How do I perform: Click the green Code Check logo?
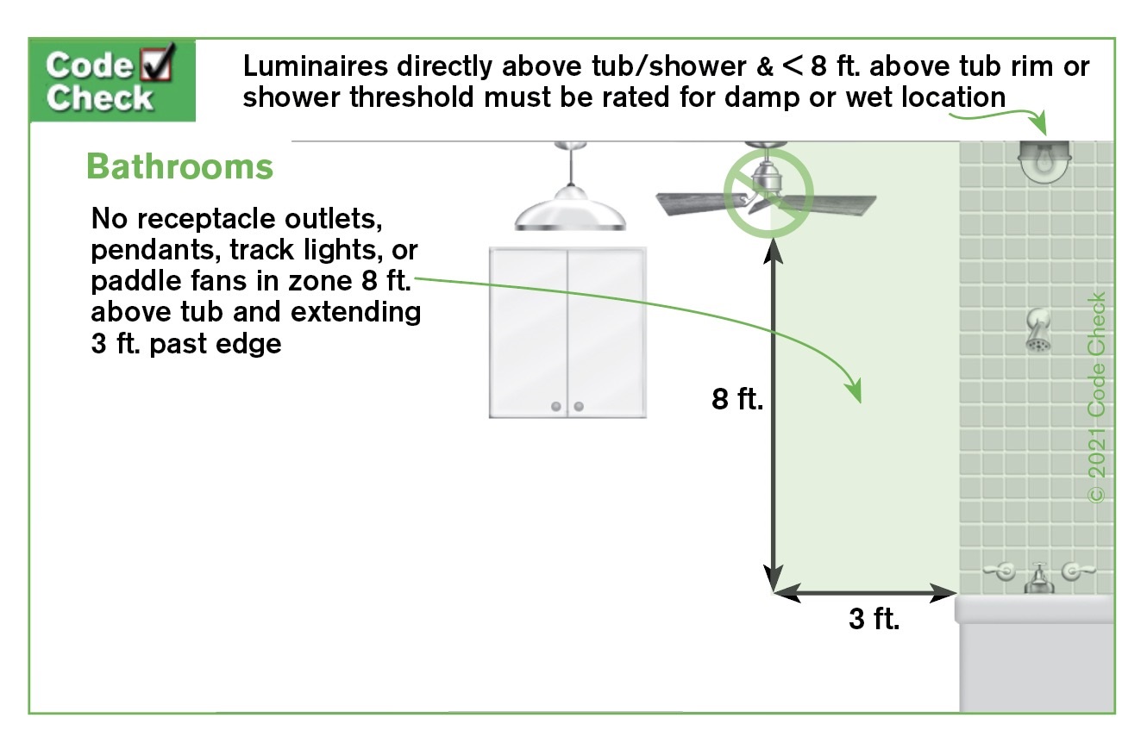click(112, 80)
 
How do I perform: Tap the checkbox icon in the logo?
click(157, 62)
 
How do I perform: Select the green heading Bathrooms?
click(179, 167)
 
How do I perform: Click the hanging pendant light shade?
click(570, 209)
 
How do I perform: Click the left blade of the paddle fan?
click(699, 203)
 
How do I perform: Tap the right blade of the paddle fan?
click(830, 204)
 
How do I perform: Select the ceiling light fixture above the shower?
click(1044, 161)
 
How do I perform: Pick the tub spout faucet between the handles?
click(1038, 579)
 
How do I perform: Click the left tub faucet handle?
click(1000, 571)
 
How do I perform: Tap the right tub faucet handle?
click(1077, 571)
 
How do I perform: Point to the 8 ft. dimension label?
click(736, 399)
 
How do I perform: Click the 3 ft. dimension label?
click(874, 619)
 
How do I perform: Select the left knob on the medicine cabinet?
click(556, 407)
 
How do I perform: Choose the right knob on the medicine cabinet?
click(579, 407)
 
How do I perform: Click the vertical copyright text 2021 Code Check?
click(1096, 397)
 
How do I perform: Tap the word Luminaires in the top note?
click(315, 66)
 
